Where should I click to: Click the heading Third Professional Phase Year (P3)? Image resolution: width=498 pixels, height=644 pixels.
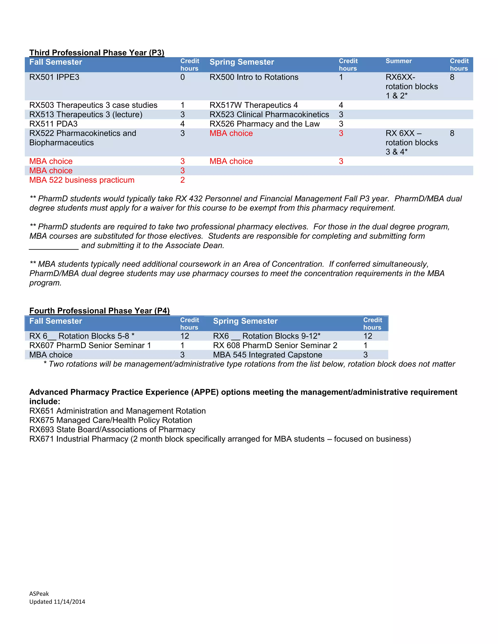(97, 52)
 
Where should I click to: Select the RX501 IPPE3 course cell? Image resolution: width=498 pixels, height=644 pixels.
(54, 77)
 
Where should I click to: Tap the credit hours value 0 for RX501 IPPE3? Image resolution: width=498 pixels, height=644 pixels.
(182, 77)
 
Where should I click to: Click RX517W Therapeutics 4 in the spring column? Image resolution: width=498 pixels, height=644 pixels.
(253, 105)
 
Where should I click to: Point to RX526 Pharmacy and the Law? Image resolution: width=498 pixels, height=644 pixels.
(264, 124)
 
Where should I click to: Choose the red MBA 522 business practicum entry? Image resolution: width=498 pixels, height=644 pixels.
(82, 180)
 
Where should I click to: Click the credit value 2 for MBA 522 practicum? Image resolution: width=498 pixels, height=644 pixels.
(182, 180)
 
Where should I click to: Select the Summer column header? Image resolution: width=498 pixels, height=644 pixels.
(398, 61)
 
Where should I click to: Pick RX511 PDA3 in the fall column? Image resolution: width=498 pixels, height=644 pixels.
(53, 124)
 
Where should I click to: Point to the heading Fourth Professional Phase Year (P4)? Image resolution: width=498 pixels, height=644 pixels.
(99, 311)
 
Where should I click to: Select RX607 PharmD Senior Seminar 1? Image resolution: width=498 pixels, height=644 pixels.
(90, 345)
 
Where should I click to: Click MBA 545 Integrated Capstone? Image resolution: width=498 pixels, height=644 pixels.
(267, 355)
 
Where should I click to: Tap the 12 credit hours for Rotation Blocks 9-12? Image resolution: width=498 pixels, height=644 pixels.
(368, 336)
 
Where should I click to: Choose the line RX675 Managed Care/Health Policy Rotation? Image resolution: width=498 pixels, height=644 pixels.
(111, 420)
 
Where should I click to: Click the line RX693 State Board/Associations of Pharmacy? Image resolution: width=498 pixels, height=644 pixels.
(112, 430)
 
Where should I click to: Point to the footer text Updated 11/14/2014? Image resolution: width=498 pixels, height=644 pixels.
(57, 602)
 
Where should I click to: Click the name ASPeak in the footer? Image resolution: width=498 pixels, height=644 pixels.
(39, 594)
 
